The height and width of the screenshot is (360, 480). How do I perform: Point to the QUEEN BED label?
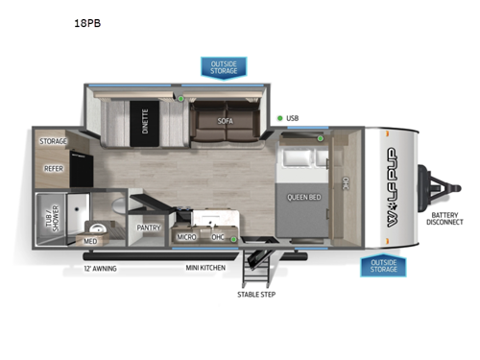coord(303,197)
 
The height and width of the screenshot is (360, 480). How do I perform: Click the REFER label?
coord(54,168)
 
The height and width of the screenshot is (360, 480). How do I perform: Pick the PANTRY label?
coord(149,228)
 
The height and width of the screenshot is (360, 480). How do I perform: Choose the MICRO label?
coord(187,236)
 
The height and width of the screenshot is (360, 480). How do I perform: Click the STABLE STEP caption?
coord(256,294)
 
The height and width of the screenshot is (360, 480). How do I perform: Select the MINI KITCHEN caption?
coord(205,269)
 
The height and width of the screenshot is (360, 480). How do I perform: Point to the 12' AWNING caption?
coord(100,269)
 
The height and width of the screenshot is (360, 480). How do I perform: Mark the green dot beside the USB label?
coord(280,119)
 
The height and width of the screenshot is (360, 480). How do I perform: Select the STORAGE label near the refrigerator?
coord(54,140)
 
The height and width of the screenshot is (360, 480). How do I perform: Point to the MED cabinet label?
coord(90,241)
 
